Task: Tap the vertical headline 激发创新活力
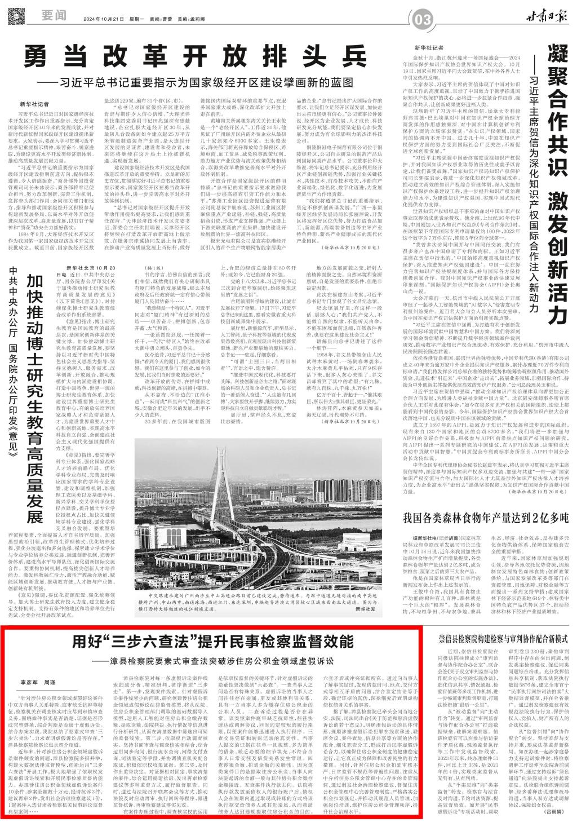pos(558,265)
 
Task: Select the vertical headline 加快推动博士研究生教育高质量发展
pos(35,400)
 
